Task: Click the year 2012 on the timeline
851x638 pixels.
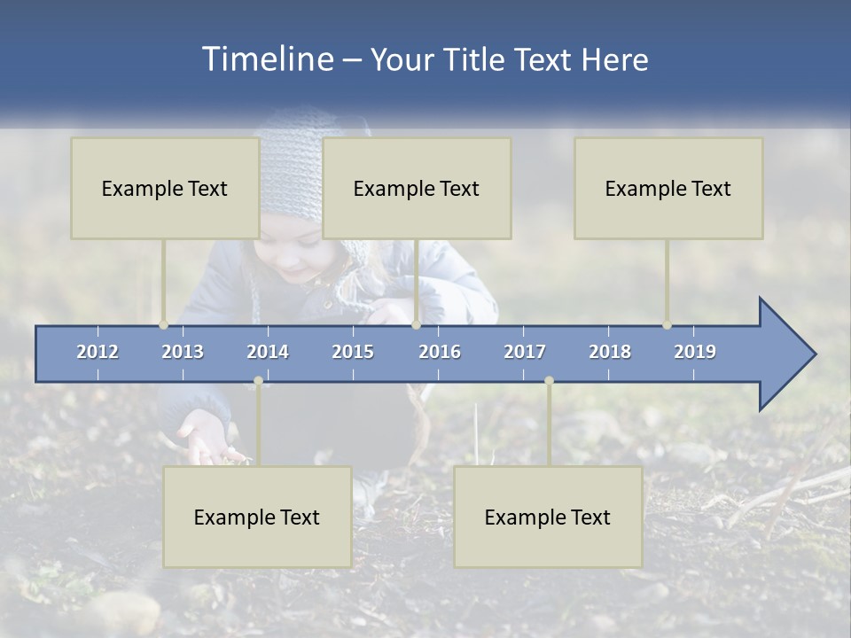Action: coord(98,352)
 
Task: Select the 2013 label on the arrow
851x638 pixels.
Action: coord(183,352)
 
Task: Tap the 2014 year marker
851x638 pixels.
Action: coord(268,352)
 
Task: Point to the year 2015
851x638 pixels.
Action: coord(353,352)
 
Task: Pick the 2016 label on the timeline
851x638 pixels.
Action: coord(440,352)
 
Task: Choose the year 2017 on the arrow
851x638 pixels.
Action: coord(525,352)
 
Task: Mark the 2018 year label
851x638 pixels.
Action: coord(610,352)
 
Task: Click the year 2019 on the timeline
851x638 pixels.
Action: coord(695,352)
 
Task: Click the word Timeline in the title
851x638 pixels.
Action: coord(267,59)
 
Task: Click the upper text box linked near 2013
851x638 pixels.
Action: coord(165,188)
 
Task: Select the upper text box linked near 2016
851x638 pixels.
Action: coord(417,188)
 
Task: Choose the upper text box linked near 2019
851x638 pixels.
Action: coord(668,188)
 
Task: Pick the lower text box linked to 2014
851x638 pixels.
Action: coord(257,517)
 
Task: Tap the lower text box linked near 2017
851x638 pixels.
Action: coord(548,517)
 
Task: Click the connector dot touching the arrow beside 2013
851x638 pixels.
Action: coord(163,325)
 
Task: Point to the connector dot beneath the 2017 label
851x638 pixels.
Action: coord(549,381)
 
